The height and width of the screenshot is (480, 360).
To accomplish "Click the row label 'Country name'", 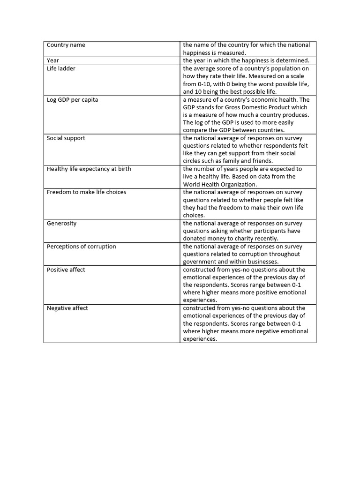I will (x=66, y=45).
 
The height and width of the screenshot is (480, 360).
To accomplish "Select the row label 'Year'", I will (x=53, y=60).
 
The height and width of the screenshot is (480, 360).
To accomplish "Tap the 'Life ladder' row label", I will (x=61, y=68).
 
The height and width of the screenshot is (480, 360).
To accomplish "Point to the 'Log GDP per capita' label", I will (x=72, y=100).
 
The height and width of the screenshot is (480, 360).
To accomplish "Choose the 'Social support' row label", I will (x=66, y=138).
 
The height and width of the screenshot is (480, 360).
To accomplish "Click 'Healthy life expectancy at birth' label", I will (x=89, y=169).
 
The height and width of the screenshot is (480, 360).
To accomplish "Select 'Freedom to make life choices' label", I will (x=86, y=192).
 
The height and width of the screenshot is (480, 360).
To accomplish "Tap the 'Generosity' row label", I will (x=61, y=223).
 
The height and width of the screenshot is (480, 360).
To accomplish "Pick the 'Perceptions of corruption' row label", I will (x=81, y=247).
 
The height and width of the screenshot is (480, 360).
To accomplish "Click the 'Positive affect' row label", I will (x=66, y=270).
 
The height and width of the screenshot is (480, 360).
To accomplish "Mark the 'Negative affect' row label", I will (x=67, y=308).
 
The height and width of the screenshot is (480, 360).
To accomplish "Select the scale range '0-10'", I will (x=190, y=84).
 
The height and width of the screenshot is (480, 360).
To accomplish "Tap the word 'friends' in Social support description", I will (x=261, y=161).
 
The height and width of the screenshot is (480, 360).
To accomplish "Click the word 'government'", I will (x=199, y=262).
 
